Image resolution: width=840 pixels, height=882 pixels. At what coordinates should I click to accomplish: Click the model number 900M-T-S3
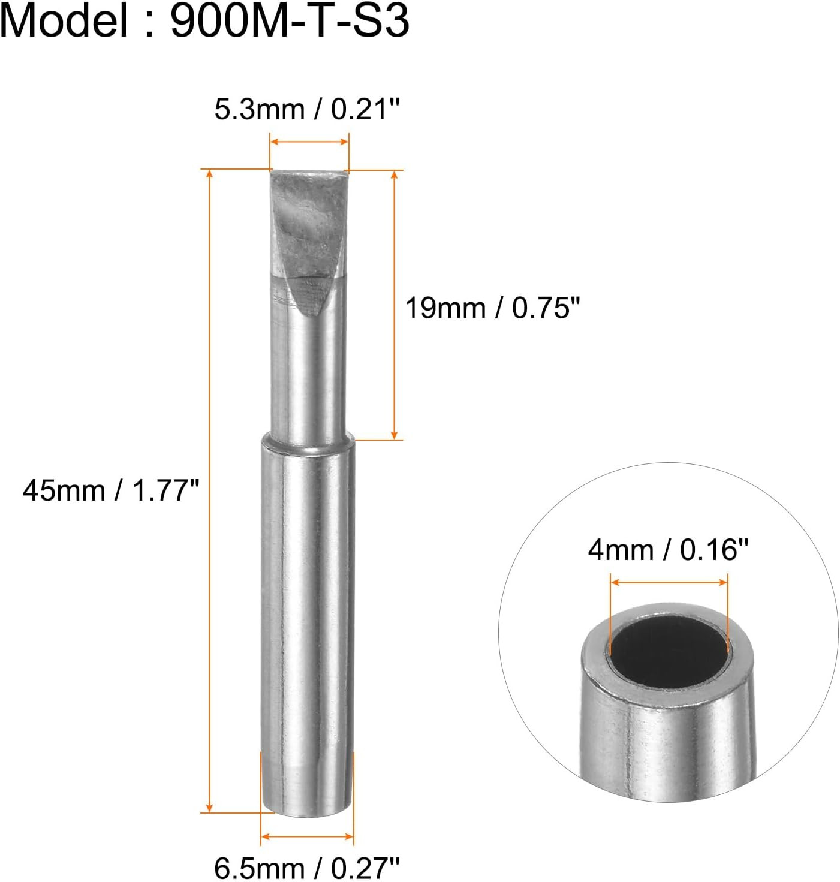pyautogui.click(x=290, y=22)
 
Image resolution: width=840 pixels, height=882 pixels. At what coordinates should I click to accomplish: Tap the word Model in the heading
pyautogui.click(x=64, y=22)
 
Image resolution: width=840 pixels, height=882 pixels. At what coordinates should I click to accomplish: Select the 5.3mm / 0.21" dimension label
pyautogui.click(x=306, y=110)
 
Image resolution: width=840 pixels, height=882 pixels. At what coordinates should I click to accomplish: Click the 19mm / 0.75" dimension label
pyautogui.click(x=493, y=308)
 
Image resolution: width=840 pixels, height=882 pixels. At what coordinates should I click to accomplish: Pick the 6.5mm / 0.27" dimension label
pyautogui.click(x=306, y=868)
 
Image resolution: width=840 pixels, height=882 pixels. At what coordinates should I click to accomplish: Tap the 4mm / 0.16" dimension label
pyautogui.click(x=668, y=549)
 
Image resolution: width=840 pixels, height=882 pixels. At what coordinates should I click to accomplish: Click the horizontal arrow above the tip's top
pyautogui.click(x=309, y=142)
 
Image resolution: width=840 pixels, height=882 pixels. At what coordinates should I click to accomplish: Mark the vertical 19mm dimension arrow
pyautogui.click(x=394, y=305)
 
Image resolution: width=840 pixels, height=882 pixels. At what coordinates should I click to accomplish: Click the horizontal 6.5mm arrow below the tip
pyautogui.click(x=307, y=836)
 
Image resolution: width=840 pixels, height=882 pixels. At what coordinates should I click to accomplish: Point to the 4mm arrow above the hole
pyautogui.click(x=669, y=582)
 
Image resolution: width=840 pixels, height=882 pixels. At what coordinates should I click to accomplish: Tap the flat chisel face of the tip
pyautogui.click(x=303, y=240)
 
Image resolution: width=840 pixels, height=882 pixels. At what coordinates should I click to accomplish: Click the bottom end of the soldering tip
pyautogui.click(x=307, y=811)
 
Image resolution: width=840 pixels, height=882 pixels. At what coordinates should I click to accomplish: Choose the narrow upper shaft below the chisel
pyautogui.click(x=309, y=378)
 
